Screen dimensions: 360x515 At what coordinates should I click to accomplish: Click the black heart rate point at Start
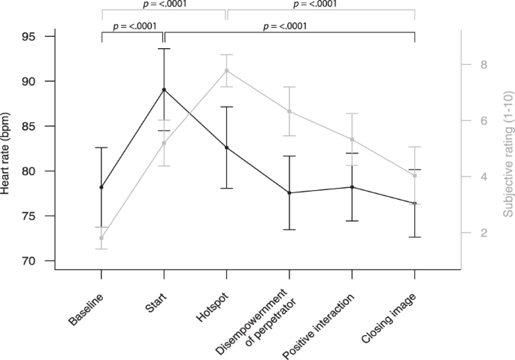(164, 89)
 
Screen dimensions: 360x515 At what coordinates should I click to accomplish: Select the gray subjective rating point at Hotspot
(226, 71)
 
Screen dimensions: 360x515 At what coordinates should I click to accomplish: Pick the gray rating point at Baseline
(101, 238)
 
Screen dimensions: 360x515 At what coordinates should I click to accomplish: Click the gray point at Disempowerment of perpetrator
(289, 111)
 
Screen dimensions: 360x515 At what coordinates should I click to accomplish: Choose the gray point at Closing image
(414, 176)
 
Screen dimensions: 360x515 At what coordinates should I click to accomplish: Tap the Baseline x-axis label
(86, 309)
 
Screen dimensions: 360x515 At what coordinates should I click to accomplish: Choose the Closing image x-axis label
(391, 316)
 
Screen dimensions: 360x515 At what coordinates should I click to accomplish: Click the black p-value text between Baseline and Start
(134, 26)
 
